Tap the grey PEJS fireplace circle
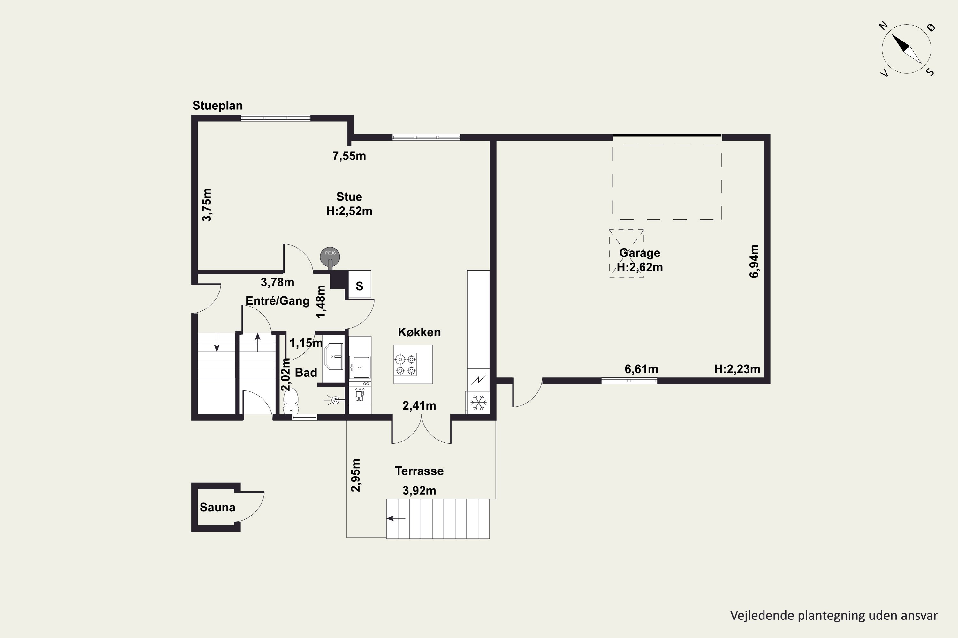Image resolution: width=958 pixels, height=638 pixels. [x=330, y=256]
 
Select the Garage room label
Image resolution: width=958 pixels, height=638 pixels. [x=640, y=253]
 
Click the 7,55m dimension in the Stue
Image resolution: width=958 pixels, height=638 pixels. [x=349, y=156]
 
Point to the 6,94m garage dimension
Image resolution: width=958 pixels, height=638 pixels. [x=754, y=261]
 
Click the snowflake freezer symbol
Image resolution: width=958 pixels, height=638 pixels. [x=479, y=402]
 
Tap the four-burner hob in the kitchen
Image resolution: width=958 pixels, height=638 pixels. [x=405, y=364]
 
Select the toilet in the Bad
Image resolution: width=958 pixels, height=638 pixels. [x=291, y=401]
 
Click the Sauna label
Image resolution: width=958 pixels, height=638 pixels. [x=217, y=508]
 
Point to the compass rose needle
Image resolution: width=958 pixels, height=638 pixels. [x=906, y=49]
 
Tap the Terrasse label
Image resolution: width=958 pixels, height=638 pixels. [x=419, y=471]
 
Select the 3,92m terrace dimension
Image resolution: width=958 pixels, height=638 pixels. [x=419, y=491]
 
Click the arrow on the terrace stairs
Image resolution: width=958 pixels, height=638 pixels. [x=396, y=518]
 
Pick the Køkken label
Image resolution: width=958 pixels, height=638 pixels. [x=419, y=332]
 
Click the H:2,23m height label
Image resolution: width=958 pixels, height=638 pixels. [x=737, y=369]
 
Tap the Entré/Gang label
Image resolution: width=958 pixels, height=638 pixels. [x=278, y=301]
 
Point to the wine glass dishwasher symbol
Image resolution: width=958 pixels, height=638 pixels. [x=360, y=395]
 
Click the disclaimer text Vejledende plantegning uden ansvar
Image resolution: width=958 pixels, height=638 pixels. [x=834, y=616]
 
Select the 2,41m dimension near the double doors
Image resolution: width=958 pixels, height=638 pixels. [x=419, y=406]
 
